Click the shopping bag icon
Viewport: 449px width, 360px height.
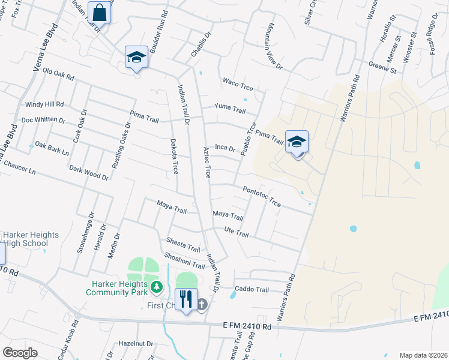(99, 12)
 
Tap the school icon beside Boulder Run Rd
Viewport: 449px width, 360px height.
(136, 57)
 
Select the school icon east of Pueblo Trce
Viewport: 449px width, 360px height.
(297, 142)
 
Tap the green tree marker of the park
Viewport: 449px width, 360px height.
(157, 287)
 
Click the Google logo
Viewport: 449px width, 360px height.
(20, 352)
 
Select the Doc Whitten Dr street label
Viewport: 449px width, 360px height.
(43, 120)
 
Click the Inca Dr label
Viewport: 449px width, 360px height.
(224, 148)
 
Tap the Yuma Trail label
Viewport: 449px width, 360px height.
(231, 110)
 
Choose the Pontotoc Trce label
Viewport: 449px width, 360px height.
(262, 196)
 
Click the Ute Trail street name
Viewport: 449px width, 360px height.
(236, 232)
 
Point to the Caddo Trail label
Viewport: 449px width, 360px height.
(252, 289)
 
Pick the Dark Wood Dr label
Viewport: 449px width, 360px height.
(89, 173)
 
